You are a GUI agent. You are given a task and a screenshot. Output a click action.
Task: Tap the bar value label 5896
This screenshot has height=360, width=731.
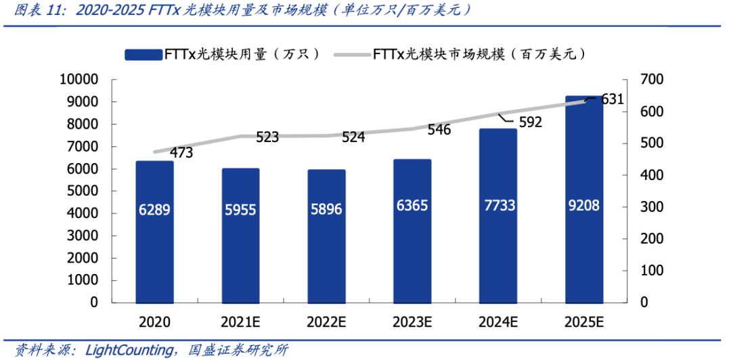[x=326, y=209]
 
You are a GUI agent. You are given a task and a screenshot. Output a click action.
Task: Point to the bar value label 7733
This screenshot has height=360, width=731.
[x=497, y=206]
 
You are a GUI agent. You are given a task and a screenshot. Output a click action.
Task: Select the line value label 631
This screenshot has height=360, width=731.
[x=612, y=99]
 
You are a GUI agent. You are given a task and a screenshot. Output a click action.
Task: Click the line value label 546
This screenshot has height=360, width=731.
[x=439, y=129]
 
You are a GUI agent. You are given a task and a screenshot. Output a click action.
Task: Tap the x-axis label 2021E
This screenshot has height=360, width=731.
[x=240, y=322]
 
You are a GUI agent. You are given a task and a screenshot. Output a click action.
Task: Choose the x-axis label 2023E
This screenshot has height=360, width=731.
[x=412, y=322]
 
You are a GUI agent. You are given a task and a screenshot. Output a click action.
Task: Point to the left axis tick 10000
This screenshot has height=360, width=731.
[x=80, y=80]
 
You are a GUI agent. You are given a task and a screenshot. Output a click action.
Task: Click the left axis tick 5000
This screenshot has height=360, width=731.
[x=84, y=192]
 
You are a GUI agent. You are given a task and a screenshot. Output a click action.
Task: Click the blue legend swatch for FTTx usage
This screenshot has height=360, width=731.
[x=141, y=55]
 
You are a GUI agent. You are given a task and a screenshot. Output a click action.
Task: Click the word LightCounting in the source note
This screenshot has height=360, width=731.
[x=128, y=350]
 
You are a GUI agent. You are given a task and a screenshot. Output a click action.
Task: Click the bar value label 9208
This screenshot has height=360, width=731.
[x=583, y=206]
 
